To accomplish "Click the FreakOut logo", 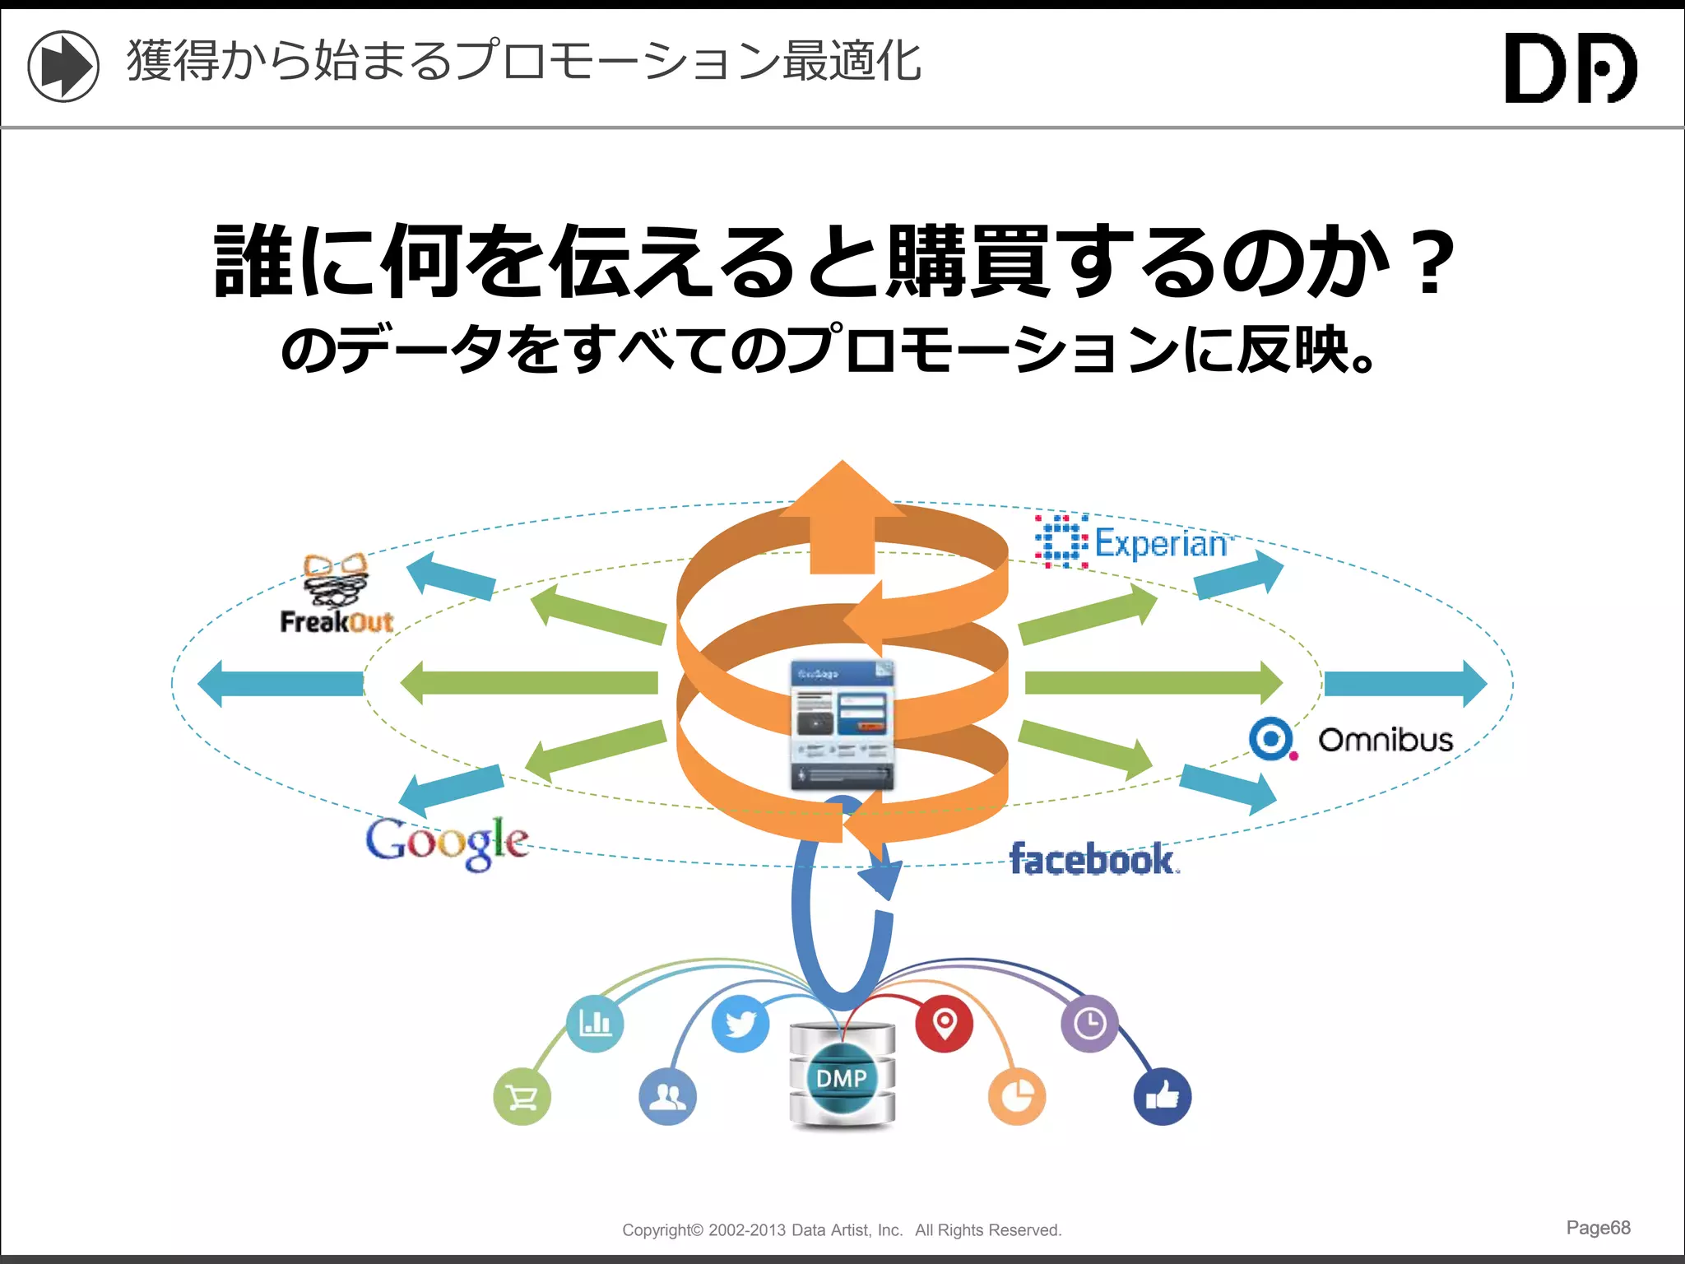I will pyautogui.click(x=337, y=594).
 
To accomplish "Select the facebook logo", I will pyautogui.click(x=1093, y=860).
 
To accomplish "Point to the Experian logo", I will pyautogui.click(x=1134, y=542).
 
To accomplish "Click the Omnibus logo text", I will pyautogui.click(x=1386, y=740).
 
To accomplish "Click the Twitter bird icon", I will pyautogui.click(x=740, y=1024).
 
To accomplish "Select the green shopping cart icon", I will pyautogui.click(x=522, y=1097).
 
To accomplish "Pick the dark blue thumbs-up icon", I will pyautogui.click(x=1162, y=1096).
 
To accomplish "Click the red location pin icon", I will pyautogui.click(x=945, y=1024).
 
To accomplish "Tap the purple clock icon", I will pyautogui.click(x=1089, y=1024).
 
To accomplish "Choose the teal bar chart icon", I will pyautogui.click(x=595, y=1024).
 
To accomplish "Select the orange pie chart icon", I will pyautogui.click(x=1017, y=1096).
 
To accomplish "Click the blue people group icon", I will pyautogui.click(x=667, y=1096).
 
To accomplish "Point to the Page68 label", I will pyautogui.click(x=1598, y=1228).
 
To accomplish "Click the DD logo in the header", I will pyautogui.click(x=1570, y=68).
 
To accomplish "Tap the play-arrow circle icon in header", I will pyautogui.click(x=63, y=66).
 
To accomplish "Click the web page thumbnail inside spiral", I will pyautogui.click(x=842, y=724).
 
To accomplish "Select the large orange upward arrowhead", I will pyautogui.click(x=842, y=494).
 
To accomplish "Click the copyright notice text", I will pyautogui.click(x=842, y=1230).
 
